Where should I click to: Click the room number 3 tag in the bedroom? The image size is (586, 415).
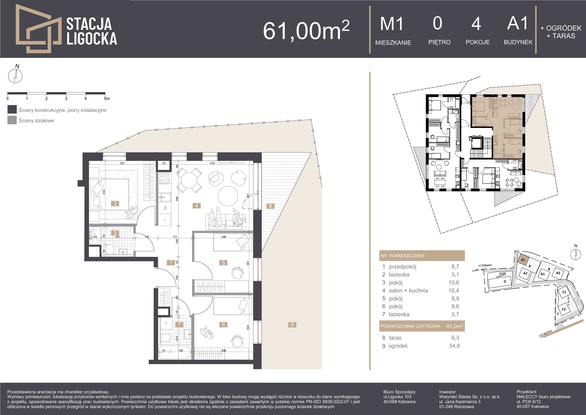pyautogui.click(x=115, y=203)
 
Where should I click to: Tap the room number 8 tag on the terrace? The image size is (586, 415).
pyautogui.click(x=270, y=206)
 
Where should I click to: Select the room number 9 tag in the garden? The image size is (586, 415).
pyautogui.click(x=292, y=325)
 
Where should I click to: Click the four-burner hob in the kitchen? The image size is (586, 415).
pyautogui.click(x=164, y=178)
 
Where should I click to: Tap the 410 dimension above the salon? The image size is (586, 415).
pyautogui.click(x=212, y=163)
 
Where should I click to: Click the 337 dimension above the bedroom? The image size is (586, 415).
pyautogui.click(x=122, y=163)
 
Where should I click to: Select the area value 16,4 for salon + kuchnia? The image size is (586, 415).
pyautogui.click(x=455, y=291)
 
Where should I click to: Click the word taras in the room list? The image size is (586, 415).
pyautogui.click(x=395, y=338)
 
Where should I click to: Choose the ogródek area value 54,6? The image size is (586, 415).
pyautogui.click(x=455, y=346)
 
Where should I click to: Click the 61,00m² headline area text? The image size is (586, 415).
pyautogui.click(x=306, y=30)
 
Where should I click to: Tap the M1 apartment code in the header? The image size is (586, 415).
pyautogui.click(x=392, y=24)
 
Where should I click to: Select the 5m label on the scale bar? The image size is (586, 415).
pyautogui.click(x=107, y=99)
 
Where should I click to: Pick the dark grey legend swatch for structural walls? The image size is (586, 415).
pyautogui.click(x=12, y=109)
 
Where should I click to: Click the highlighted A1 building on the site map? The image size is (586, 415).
pyautogui.click(x=523, y=260)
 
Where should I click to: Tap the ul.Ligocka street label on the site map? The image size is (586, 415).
pyautogui.click(x=545, y=333)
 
